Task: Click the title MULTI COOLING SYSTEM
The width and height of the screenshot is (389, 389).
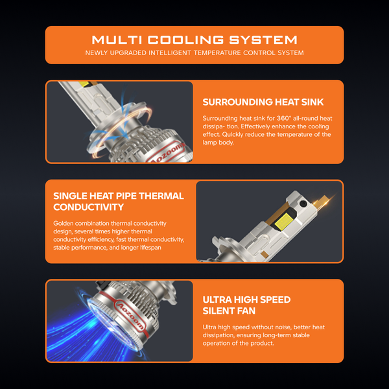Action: tap(194, 40)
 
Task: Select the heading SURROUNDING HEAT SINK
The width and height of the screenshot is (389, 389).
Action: tap(263, 102)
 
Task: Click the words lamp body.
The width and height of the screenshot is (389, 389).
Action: tap(218, 143)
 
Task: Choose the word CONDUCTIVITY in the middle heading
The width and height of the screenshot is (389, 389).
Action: tap(89, 207)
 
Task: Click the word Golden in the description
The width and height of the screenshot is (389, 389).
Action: tap(64, 223)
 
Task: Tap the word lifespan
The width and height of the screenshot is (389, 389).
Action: tap(150, 248)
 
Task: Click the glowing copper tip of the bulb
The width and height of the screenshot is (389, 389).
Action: tap(324, 200)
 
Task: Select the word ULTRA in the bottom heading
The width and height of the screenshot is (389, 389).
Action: tap(217, 300)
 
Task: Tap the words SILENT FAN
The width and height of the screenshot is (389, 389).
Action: tap(229, 311)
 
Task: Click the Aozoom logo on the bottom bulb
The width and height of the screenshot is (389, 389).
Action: tap(131, 316)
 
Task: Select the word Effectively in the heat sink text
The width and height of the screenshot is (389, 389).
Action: tap(255, 126)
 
